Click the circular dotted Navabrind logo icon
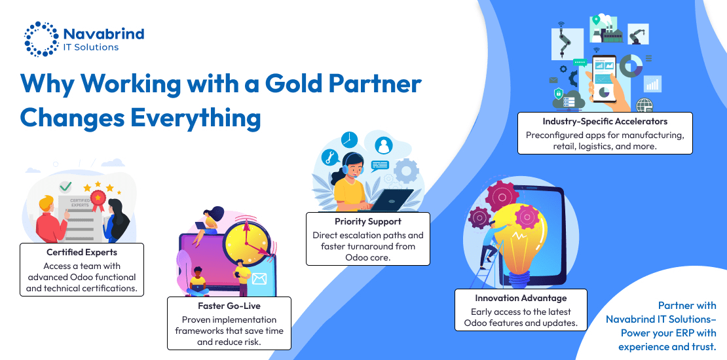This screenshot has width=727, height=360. click(41, 39)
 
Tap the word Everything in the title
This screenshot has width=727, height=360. click(195, 118)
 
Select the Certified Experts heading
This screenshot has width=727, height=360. click(82, 253)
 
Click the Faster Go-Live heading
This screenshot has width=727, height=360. click(229, 306)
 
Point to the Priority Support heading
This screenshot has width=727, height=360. click(368, 221)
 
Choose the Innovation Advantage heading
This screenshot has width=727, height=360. click(521, 298)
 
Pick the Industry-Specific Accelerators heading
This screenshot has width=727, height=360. click(605, 121)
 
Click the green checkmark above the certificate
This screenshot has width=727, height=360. click(65, 187)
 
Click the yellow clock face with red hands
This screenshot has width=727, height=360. click(245, 238)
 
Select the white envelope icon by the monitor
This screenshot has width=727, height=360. click(259, 279)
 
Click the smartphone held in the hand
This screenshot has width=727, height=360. click(605, 79)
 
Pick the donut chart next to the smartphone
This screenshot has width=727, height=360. click(631, 65)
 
